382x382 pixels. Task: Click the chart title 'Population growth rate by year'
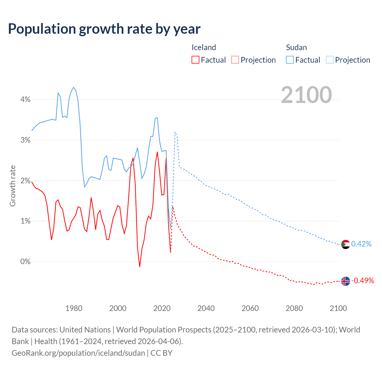tap(104, 29)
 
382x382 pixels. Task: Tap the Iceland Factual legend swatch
tap(195, 60)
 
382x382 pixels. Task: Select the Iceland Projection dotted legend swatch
tap(235, 60)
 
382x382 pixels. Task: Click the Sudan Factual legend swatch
tap(289, 60)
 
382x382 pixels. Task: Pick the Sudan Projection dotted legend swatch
tap(329, 60)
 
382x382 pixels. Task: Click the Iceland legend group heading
tap(204, 47)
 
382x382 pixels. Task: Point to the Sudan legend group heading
tap(296, 47)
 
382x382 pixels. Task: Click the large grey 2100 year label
tap(306, 95)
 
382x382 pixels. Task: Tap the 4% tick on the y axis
tap(25, 100)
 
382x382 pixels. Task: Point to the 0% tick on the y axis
tap(25, 262)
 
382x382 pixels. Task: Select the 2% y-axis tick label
tap(25, 181)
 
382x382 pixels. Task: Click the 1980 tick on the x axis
tap(74, 308)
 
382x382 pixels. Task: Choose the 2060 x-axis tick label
tap(250, 308)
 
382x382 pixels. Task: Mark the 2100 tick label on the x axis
tap(338, 308)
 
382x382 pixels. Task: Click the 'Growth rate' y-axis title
tap(13, 186)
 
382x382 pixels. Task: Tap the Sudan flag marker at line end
tap(345, 244)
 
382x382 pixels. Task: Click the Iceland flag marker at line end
tap(345, 281)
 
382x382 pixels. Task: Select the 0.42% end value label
tap(361, 244)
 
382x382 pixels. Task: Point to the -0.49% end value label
tap(363, 281)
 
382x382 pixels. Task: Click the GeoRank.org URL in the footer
tap(78, 353)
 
